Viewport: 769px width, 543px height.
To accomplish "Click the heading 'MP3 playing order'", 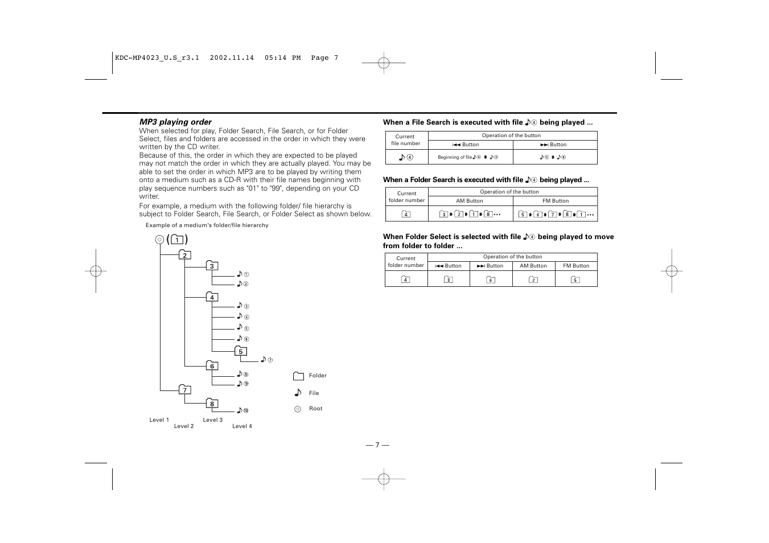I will pyautogui.click(x=175, y=122).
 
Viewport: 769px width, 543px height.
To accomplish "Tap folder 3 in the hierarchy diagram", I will pyautogui.click(x=212, y=266).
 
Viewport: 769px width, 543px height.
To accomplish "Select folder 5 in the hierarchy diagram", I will pyautogui.click(x=241, y=351).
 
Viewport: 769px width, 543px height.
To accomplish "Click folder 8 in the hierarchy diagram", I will pyautogui.click(x=212, y=404).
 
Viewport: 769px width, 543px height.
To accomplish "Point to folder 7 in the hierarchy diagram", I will pyautogui.click(x=184, y=390).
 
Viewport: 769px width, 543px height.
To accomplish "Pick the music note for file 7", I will pyautogui.click(x=264, y=359).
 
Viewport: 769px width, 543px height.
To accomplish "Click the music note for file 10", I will pyautogui.click(x=240, y=410).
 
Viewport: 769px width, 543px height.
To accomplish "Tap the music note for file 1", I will pyautogui.click(x=240, y=274).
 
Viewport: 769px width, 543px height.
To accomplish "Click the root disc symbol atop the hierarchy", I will pyautogui.click(x=159, y=240).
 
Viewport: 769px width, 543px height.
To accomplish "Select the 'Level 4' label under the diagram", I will pyautogui.click(x=242, y=426).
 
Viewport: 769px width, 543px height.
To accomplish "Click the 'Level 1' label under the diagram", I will pyautogui.click(x=159, y=420).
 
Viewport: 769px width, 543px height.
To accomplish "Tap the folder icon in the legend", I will pyautogui.click(x=298, y=376).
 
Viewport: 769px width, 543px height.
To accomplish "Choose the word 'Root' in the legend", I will pyautogui.click(x=315, y=409).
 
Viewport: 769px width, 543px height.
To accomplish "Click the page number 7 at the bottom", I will pyautogui.click(x=377, y=445).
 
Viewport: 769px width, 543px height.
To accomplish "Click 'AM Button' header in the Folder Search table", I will pyautogui.click(x=469, y=201).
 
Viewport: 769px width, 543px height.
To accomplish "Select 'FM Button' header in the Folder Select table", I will pyautogui.click(x=575, y=266).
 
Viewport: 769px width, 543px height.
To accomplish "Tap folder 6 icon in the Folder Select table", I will pyautogui.click(x=491, y=279).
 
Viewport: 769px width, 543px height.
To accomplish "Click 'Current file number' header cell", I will pyautogui.click(x=406, y=140).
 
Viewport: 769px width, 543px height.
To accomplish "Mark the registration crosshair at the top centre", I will pyautogui.click(x=384, y=63).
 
